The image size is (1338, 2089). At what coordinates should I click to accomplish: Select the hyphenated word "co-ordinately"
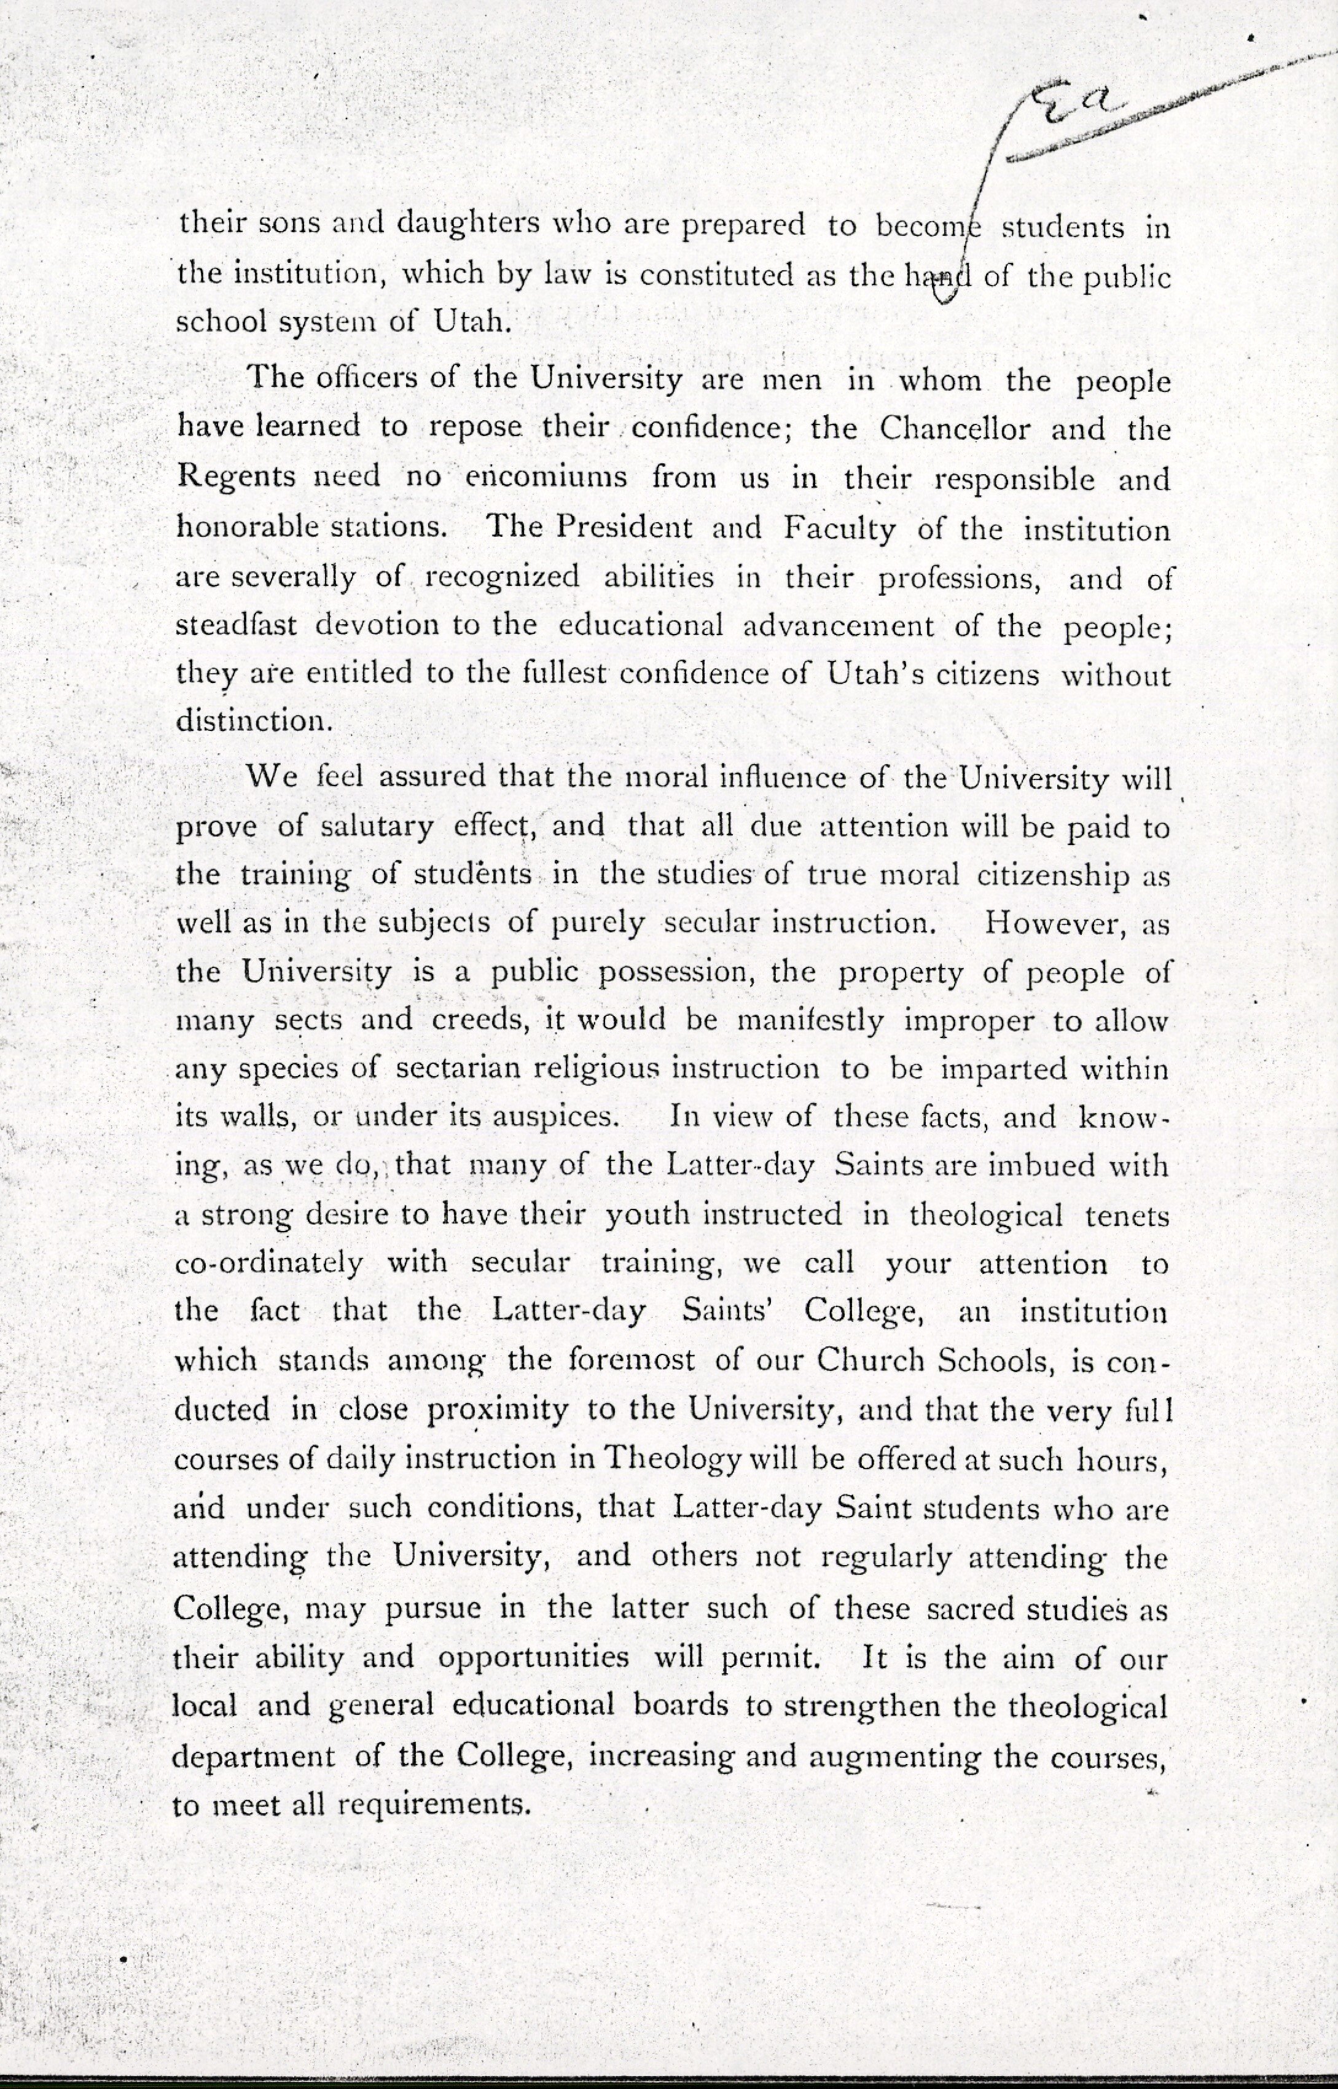tap(268, 1263)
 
